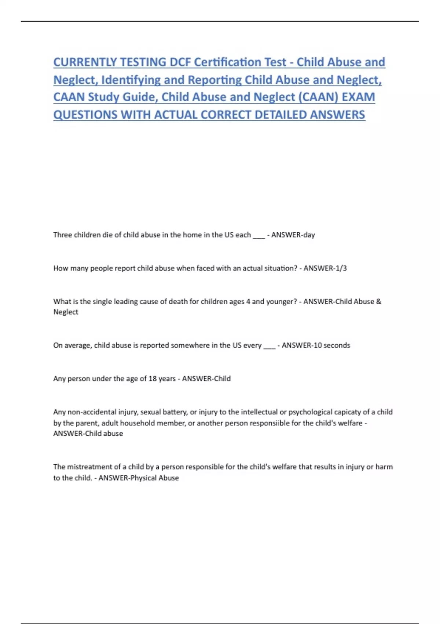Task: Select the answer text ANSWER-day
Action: coord(293,235)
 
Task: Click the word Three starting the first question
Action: coord(63,235)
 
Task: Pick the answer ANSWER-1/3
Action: coord(325,268)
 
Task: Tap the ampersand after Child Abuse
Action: coord(379,302)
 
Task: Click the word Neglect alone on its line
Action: coord(66,312)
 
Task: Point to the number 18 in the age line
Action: coord(153,379)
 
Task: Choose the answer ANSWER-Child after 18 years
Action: coord(206,379)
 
